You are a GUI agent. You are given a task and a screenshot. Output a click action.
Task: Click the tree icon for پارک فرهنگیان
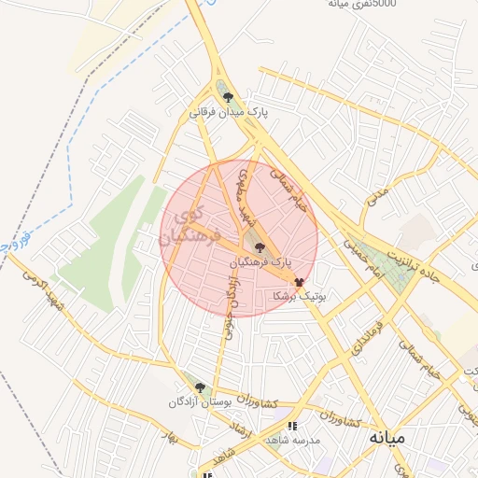(x=260, y=247)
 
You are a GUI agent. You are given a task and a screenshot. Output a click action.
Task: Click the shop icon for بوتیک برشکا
(x=299, y=280)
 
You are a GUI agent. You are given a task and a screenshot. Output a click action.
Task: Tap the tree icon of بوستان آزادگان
(x=199, y=387)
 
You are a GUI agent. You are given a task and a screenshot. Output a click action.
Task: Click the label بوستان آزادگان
(x=198, y=402)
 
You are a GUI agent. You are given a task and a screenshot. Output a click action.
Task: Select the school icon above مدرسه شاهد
(x=292, y=426)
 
